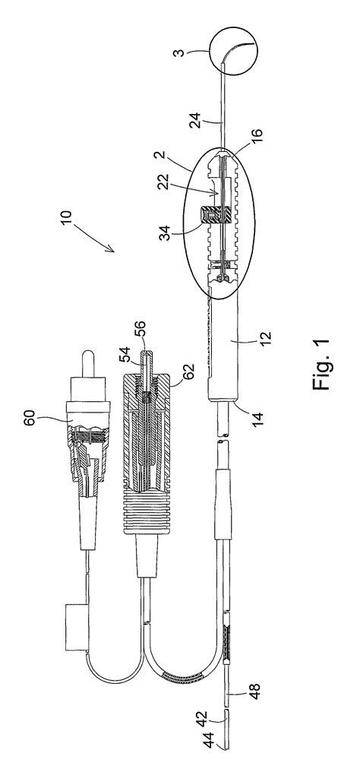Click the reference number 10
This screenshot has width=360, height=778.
click(66, 218)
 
